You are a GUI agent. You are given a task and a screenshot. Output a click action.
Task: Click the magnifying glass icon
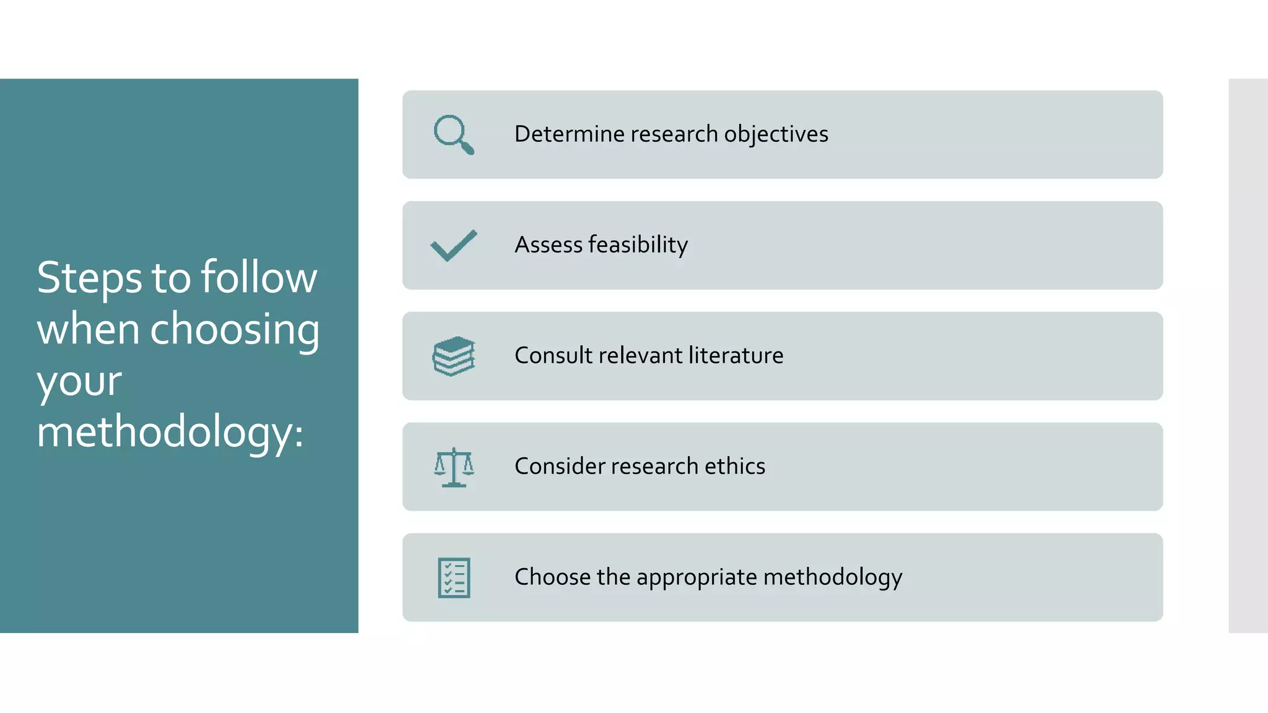coord(454,134)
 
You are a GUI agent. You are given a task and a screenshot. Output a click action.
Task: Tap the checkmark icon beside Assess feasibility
coord(454,246)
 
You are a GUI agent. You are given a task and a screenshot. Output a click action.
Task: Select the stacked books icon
coord(454,356)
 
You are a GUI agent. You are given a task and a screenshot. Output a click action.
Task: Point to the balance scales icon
coord(454,467)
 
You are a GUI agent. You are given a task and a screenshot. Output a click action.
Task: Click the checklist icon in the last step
coord(454,577)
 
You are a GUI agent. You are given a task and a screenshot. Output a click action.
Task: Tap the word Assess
coord(549,245)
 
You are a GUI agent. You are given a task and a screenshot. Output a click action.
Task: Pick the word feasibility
coord(638,245)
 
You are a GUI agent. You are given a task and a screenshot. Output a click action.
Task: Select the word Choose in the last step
coord(552,577)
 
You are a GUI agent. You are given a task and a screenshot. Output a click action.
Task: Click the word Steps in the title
coord(90,278)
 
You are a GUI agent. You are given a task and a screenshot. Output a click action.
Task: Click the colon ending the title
coord(299,433)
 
